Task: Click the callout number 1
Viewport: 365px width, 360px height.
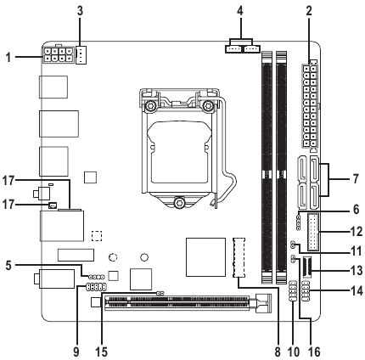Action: click(8, 58)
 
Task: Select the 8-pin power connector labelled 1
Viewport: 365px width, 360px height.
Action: click(58, 55)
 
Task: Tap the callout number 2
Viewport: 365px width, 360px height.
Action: click(309, 11)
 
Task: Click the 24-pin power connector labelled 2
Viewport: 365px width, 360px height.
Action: click(310, 106)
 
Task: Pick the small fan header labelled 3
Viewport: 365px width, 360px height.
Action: click(81, 55)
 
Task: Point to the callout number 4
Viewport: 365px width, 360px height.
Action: click(240, 11)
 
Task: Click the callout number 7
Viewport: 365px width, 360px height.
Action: click(355, 179)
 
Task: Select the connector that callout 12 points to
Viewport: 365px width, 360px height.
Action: click(314, 232)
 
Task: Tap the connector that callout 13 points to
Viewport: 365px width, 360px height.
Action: click(307, 267)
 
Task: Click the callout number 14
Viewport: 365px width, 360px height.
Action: click(357, 290)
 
